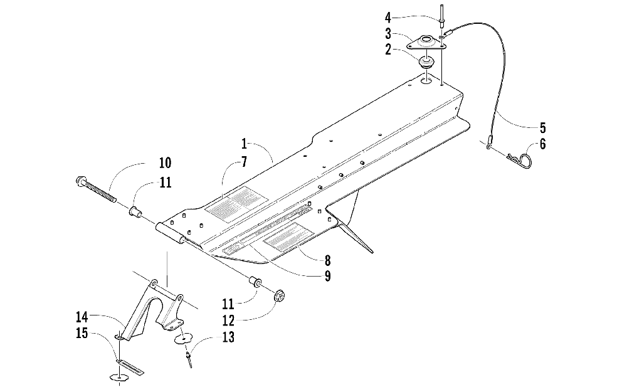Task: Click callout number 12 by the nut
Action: coord(228,321)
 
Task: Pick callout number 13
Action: coord(228,338)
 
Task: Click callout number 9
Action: coord(327,275)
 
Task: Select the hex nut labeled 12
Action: coord(280,294)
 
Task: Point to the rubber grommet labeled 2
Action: coord(426,63)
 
